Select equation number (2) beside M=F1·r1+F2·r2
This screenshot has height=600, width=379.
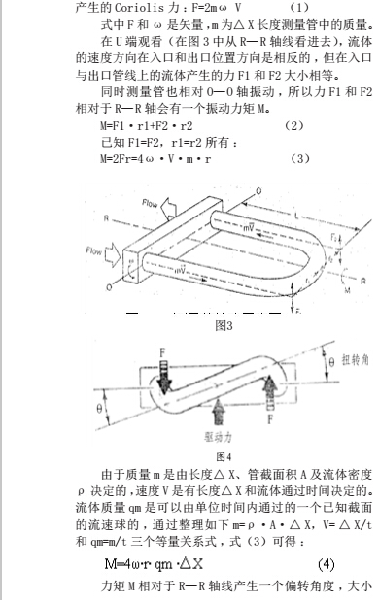(293, 126)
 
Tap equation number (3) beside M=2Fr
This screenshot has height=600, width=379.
(299, 158)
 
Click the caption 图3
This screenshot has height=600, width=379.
(224, 326)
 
